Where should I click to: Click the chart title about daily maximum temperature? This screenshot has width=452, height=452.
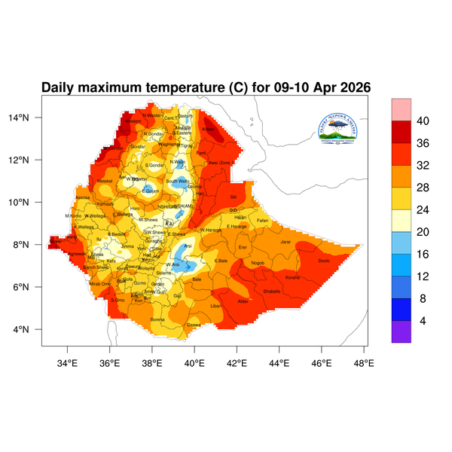(206, 87)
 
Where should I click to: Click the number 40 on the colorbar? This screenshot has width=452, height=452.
(423, 121)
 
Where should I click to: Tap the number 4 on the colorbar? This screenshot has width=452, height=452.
(423, 321)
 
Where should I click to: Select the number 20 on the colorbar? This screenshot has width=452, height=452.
(423, 221)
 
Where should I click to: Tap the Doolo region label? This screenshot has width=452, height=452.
(324, 261)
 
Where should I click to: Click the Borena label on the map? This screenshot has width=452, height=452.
(157, 319)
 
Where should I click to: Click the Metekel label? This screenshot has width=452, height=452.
(105, 181)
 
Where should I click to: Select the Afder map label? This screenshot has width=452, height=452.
(243, 301)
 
